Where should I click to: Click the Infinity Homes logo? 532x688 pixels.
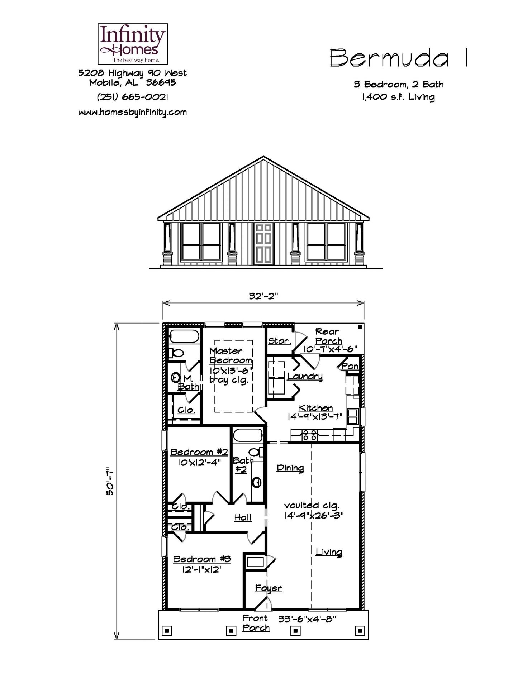click(x=133, y=44)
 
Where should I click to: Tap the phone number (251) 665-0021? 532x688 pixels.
click(x=133, y=97)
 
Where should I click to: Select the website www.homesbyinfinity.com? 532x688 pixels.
click(x=133, y=112)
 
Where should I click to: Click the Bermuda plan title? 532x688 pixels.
click(x=389, y=58)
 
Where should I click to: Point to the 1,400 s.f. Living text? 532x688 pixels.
click(x=398, y=97)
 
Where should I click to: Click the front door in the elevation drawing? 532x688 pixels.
click(x=263, y=243)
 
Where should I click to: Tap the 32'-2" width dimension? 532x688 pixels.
click(x=263, y=296)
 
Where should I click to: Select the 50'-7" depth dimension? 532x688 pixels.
click(x=110, y=484)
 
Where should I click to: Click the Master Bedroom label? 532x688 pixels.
click(x=231, y=355)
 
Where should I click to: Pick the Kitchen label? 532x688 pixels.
click(x=315, y=408)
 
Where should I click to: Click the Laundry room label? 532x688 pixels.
click(x=305, y=376)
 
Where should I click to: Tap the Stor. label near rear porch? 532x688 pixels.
click(x=279, y=341)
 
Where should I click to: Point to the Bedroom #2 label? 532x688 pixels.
click(x=199, y=452)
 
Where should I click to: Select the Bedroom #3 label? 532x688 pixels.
click(x=202, y=559)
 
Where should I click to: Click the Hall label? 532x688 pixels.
click(x=243, y=517)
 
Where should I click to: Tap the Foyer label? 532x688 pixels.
click(x=269, y=588)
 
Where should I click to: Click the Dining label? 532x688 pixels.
click(x=290, y=468)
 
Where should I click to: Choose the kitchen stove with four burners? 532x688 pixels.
click(x=309, y=435)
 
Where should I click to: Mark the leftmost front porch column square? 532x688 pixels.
click(x=167, y=630)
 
